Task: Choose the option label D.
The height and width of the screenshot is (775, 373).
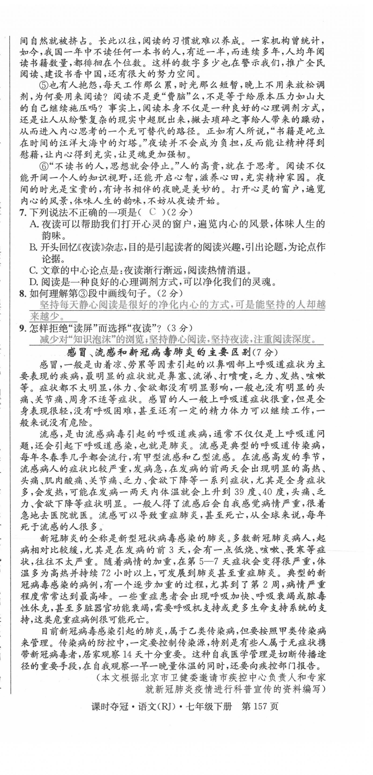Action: click(x=33, y=282)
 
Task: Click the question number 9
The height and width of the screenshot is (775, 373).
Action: click(x=22, y=328)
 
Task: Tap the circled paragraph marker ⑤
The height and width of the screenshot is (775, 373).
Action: click(x=44, y=85)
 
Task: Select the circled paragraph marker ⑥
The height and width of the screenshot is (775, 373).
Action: click(x=44, y=166)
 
